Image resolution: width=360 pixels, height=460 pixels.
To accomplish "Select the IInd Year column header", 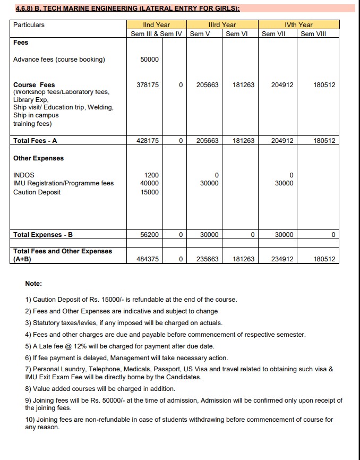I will tap(156, 25).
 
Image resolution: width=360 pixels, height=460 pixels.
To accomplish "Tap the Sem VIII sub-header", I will tap(313, 34).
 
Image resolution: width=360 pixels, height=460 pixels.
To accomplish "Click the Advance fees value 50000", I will tap(149, 59).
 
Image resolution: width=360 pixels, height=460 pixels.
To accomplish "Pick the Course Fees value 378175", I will tap(148, 85).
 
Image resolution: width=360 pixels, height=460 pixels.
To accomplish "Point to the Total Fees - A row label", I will tap(35, 141).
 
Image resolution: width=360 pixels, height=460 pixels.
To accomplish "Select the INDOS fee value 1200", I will tap(151, 175).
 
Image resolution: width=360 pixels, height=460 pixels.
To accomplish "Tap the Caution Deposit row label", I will tap(37, 192).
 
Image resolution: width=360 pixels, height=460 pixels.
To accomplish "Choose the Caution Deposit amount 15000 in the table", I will tap(149, 192).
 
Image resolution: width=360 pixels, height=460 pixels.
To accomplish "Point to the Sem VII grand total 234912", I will tap(282, 259).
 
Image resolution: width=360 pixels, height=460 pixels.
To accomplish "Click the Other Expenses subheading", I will tap(38, 158).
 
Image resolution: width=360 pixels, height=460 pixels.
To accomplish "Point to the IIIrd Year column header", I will tap(222, 25).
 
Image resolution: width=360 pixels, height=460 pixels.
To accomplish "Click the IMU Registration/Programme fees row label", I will tap(63, 184).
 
